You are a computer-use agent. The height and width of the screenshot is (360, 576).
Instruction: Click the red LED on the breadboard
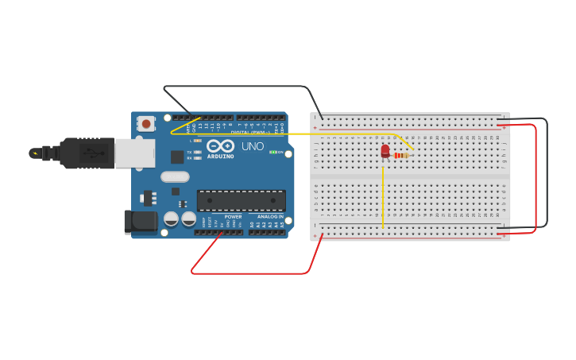[385, 150]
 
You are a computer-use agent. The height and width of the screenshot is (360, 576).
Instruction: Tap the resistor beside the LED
[401, 156]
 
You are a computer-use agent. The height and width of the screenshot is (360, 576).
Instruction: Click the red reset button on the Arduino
[146, 123]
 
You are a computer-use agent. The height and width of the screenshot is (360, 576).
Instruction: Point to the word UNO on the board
[253, 146]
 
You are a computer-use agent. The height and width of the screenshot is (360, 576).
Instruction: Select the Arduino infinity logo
[221, 146]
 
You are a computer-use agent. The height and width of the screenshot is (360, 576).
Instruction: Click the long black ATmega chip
[241, 200]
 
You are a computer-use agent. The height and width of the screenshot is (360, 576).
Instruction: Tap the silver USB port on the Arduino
[134, 153]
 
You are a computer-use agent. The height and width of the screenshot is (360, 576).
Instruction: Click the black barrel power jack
[141, 222]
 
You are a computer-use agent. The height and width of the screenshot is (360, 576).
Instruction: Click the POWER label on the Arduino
[233, 216]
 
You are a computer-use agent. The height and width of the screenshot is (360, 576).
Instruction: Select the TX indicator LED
[197, 152]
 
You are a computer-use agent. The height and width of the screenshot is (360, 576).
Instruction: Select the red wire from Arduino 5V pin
[254, 273]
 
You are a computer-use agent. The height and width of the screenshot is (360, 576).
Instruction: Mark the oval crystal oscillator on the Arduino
[175, 176]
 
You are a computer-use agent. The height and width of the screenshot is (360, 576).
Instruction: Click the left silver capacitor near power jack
[171, 219]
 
